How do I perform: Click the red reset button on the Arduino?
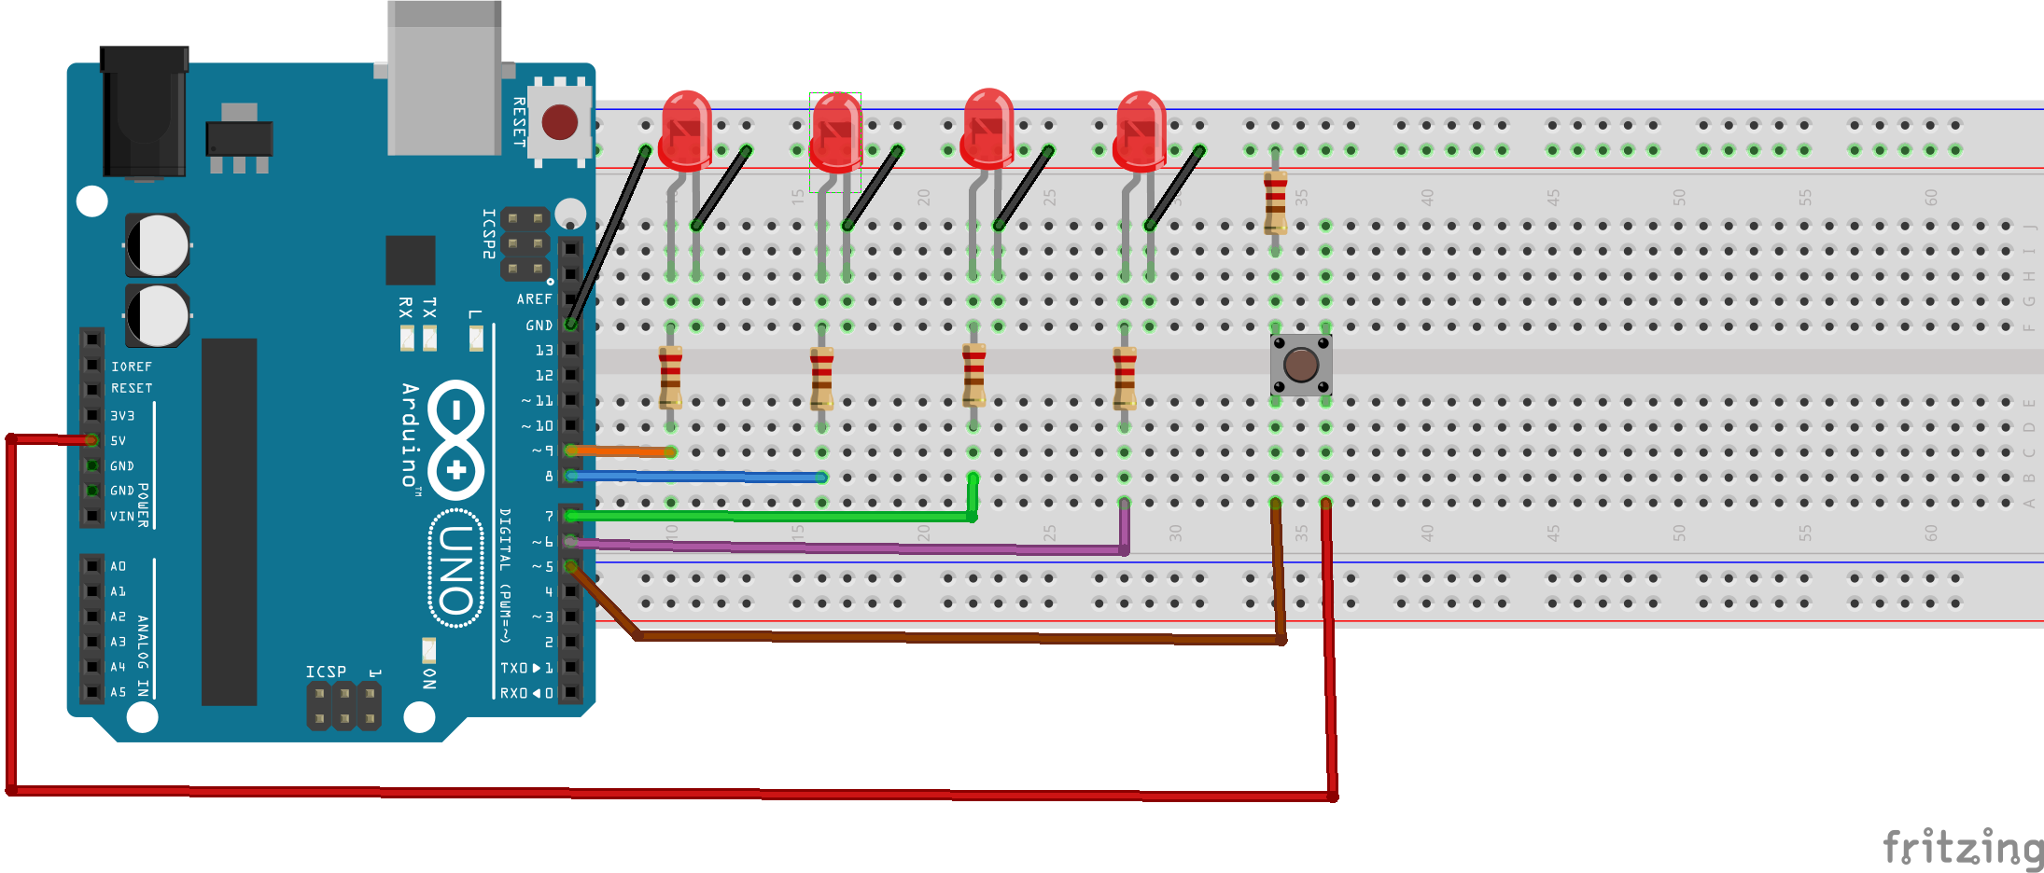click(560, 122)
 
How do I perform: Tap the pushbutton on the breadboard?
click(1300, 365)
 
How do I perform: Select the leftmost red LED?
click(686, 131)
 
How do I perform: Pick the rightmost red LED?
click(1141, 131)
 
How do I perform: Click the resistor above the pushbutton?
click(1275, 201)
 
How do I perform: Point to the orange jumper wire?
click(621, 451)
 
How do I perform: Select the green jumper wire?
click(765, 515)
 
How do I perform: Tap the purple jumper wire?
click(840, 547)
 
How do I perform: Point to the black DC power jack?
click(144, 112)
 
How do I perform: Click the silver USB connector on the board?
click(444, 79)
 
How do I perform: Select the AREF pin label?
click(534, 299)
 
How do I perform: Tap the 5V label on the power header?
click(119, 440)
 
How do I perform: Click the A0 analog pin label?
click(118, 566)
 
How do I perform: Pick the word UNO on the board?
click(455, 569)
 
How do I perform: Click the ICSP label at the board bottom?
click(326, 672)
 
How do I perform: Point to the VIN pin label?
click(122, 516)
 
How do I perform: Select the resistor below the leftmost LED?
click(670, 377)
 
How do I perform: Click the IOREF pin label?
click(131, 367)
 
